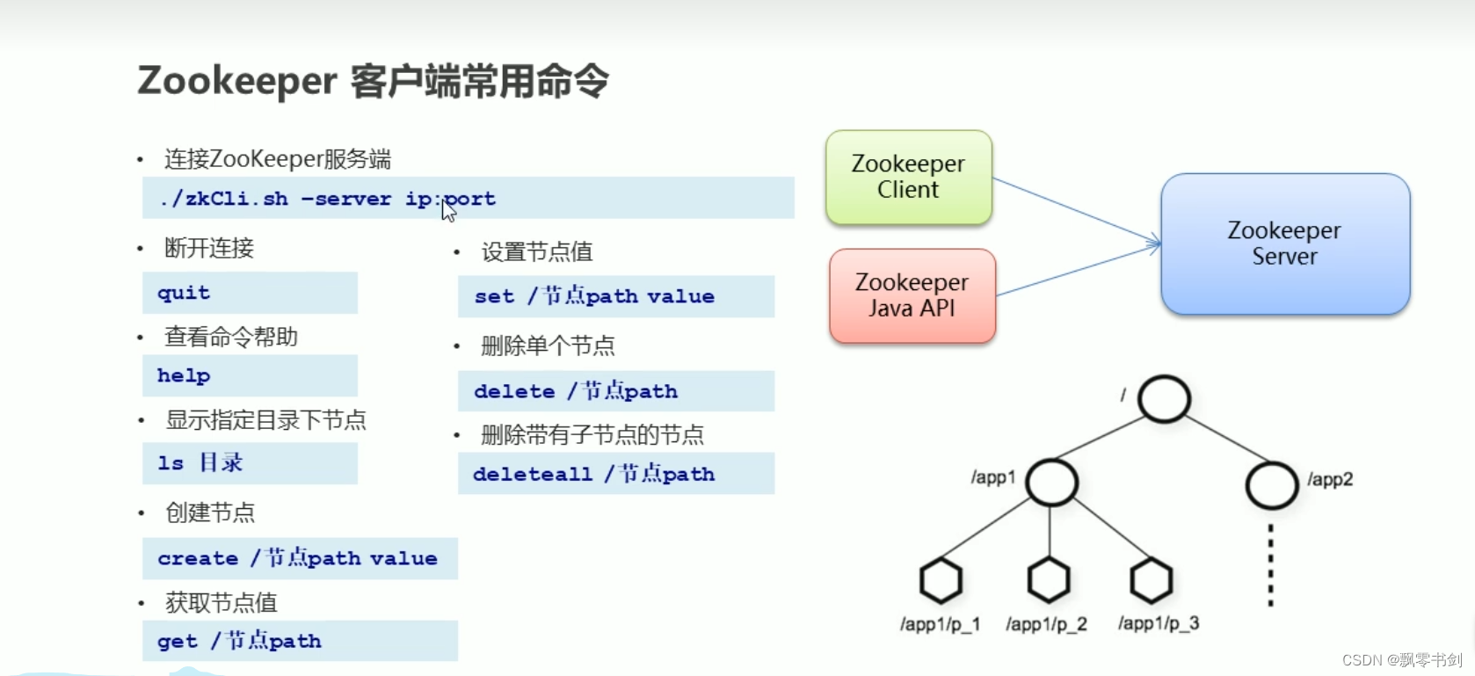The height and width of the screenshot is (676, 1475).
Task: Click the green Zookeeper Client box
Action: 909,177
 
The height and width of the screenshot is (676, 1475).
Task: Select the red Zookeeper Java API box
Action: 912,295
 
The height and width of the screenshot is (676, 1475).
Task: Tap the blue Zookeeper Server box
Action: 1284,244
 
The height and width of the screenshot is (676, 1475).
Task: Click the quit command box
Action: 250,293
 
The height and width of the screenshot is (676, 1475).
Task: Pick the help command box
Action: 250,375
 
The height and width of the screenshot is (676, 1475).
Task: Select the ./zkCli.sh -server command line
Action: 468,199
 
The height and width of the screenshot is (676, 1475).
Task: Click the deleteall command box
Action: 615,474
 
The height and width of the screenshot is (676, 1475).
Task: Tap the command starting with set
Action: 615,296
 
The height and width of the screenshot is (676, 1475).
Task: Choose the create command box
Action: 300,558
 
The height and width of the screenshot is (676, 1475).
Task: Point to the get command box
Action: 300,641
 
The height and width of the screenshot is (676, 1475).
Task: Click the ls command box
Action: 250,462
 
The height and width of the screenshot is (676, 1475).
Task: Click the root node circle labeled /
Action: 1164,399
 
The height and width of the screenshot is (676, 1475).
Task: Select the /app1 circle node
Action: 1051,482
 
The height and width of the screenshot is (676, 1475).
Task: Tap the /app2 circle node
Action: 1271,485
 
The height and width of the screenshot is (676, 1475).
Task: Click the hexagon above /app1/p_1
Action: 941,580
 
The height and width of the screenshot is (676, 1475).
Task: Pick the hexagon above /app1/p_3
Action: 1152,580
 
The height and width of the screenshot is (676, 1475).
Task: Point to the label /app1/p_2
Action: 1046,624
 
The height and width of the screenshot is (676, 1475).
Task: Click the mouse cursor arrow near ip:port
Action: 448,209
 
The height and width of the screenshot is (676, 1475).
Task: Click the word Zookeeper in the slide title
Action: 236,81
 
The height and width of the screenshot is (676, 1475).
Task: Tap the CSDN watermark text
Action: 1401,660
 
